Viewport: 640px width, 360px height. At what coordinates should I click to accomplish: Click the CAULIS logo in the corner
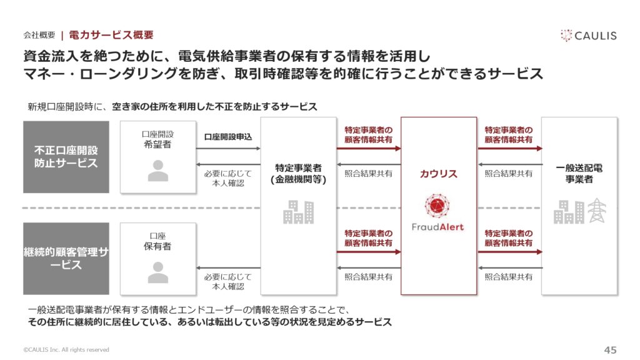[x=589, y=36]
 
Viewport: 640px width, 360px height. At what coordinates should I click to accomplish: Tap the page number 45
[x=610, y=350]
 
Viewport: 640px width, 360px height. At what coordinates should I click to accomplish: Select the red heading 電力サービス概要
[x=111, y=35]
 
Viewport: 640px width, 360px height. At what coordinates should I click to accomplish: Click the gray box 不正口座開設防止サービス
[x=66, y=157]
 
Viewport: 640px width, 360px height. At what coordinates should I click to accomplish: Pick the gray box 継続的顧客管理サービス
[x=66, y=258]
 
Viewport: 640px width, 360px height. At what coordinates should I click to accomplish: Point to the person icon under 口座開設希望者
[x=158, y=170]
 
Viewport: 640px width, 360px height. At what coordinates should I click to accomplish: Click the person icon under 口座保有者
[x=158, y=272]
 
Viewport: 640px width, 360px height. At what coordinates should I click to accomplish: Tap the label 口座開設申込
[x=227, y=137]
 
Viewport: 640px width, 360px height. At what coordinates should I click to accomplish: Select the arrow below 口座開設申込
[x=228, y=148]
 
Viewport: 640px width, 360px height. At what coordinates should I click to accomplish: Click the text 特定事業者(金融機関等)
[x=298, y=174]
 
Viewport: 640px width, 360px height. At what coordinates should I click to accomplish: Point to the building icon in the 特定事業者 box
[x=298, y=212]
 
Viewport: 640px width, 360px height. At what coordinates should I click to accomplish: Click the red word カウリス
[x=438, y=174]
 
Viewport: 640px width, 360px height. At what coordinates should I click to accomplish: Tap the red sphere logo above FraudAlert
[x=437, y=206]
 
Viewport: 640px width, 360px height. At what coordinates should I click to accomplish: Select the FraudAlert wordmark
[x=437, y=227]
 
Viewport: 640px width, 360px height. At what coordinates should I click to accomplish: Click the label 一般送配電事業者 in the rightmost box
[x=579, y=174]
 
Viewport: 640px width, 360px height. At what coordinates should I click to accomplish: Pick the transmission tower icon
[x=597, y=211]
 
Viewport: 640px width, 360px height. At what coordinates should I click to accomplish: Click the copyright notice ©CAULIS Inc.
[x=66, y=350]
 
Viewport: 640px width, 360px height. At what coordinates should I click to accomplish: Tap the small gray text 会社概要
[x=39, y=35]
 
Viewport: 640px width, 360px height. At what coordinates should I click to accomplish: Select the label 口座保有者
[x=157, y=241]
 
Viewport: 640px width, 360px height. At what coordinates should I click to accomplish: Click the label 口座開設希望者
[x=157, y=139]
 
